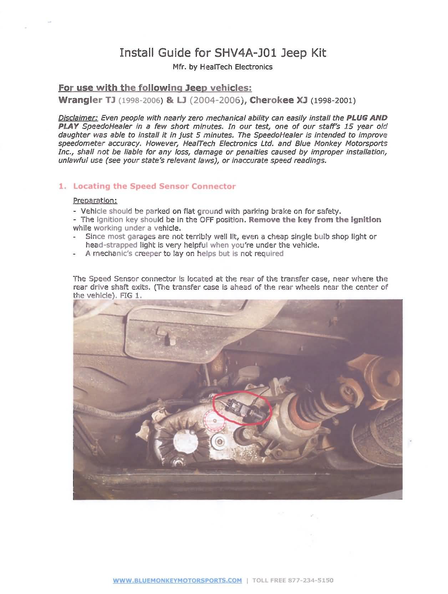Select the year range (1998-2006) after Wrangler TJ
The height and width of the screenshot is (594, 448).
coord(140,101)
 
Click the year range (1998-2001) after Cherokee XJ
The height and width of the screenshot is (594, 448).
coord(333,101)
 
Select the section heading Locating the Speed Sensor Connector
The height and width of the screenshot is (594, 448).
coord(154,186)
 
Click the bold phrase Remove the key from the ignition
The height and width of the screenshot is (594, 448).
coord(315,220)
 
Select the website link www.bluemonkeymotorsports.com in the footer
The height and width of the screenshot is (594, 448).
coord(177,580)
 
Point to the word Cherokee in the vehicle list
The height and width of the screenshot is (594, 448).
coord(272,100)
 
